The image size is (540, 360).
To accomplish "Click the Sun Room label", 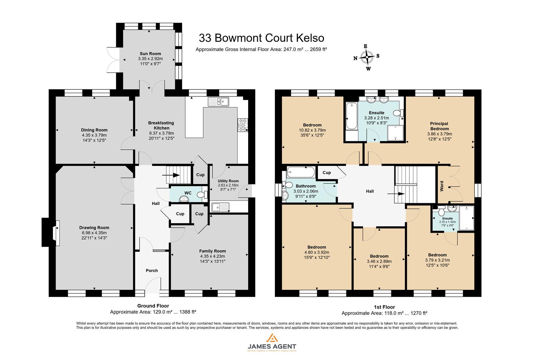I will click(x=150, y=53).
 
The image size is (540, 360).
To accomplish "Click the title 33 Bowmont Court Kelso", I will click(x=261, y=38).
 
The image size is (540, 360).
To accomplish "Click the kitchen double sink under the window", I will click(x=218, y=102).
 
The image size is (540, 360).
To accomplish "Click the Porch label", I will click(x=152, y=270).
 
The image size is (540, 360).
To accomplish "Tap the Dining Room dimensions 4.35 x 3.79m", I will click(x=94, y=135).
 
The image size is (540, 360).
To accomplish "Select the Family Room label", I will click(x=213, y=251).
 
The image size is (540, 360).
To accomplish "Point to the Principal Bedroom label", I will click(x=439, y=126).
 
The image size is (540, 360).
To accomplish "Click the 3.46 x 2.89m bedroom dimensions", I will click(x=379, y=261).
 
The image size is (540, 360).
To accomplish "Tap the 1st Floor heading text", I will click(x=384, y=307).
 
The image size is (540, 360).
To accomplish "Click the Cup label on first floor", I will click(x=327, y=172).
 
